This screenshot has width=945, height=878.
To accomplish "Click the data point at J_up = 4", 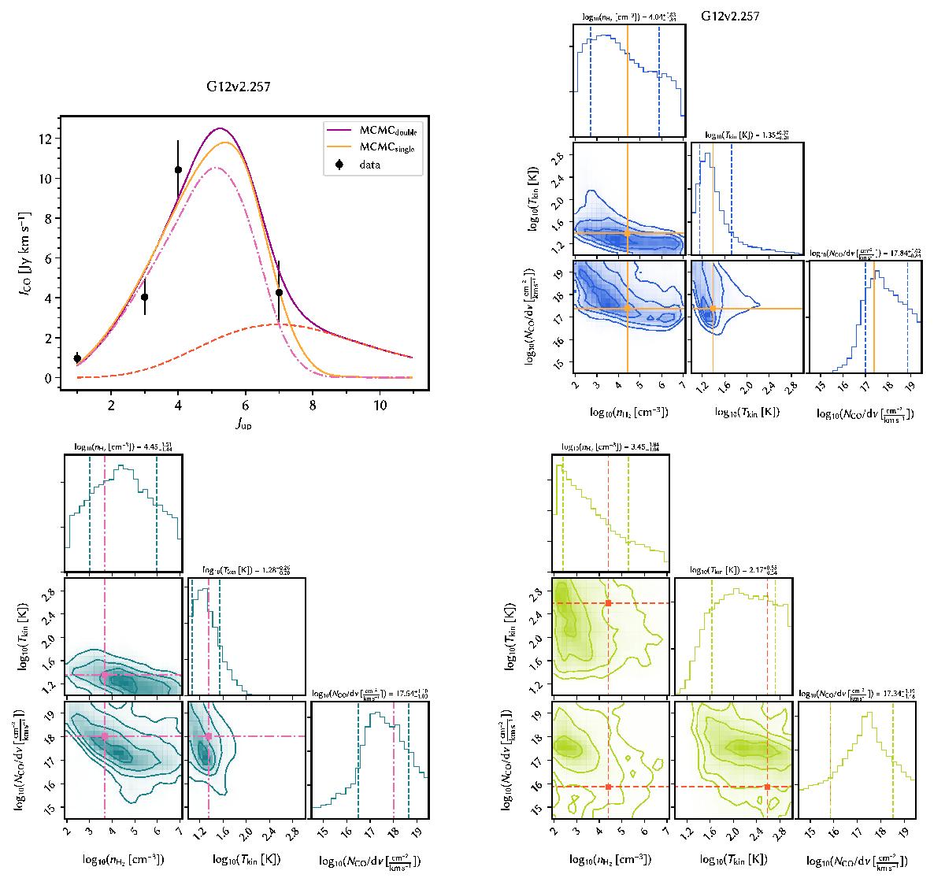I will point(178,169).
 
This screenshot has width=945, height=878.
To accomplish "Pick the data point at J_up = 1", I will point(77,358).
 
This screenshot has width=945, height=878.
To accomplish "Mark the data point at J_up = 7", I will point(279,292).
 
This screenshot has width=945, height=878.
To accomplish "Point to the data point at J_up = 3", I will point(144,297).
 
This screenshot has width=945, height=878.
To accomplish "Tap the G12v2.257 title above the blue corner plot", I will point(730,15).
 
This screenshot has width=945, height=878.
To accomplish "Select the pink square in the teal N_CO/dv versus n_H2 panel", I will point(105,736).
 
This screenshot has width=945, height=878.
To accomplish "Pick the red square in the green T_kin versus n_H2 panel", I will point(609,603).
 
